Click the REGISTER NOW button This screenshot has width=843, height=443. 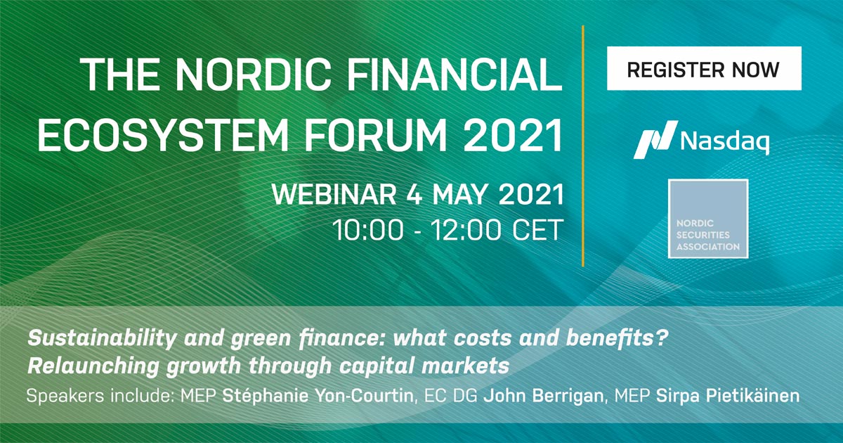[x=704, y=68]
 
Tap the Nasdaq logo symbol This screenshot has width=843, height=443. [x=655, y=140]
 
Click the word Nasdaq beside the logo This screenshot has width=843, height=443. [x=724, y=141]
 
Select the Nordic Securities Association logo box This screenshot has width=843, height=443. [x=708, y=219]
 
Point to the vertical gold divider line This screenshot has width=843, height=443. [x=583, y=146]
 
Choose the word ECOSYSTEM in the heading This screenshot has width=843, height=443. [x=162, y=135]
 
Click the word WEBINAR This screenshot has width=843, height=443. [x=334, y=194]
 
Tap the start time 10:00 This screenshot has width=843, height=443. [x=368, y=230]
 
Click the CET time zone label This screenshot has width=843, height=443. [x=537, y=230]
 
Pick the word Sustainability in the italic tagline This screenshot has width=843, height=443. [x=102, y=338]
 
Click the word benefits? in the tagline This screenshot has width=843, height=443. [x=617, y=338]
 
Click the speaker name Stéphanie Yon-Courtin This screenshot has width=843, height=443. [x=318, y=396]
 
